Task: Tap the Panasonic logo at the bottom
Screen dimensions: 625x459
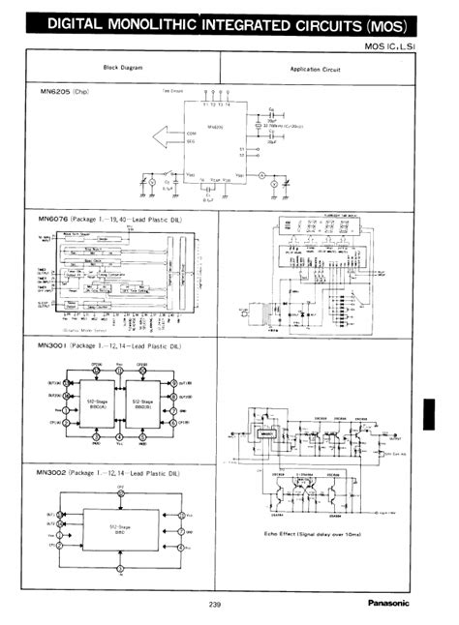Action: (388, 604)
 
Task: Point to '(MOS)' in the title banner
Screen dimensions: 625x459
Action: (382, 25)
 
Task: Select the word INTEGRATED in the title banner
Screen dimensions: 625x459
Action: (238, 24)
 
